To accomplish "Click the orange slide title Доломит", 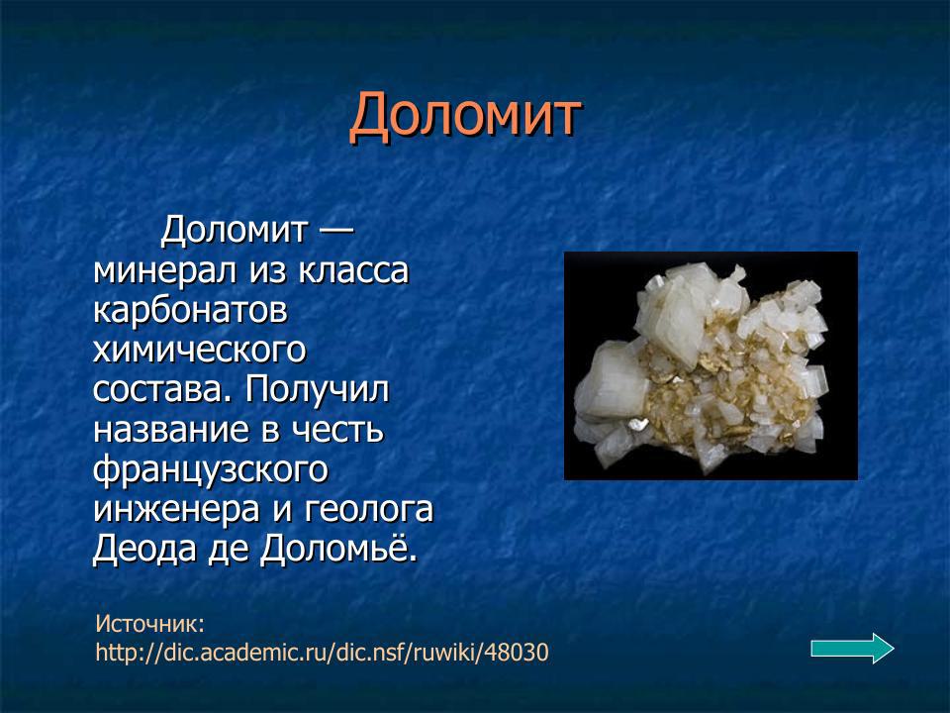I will click(x=464, y=117).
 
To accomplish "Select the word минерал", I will click(x=156, y=271).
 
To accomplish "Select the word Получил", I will click(x=319, y=389).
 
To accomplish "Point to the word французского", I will click(x=210, y=469).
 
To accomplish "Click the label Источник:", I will click(x=150, y=623).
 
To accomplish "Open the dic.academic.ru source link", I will click(x=322, y=653).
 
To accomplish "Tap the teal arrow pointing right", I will click(x=852, y=649).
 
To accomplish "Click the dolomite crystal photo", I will click(x=710, y=365).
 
